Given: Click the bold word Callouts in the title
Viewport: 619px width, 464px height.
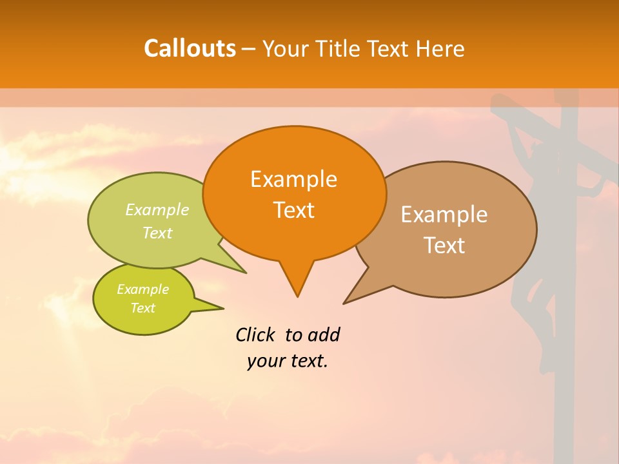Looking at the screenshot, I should pyautogui.click(x=190, y=48).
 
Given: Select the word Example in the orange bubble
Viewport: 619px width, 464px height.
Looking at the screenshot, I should pyautogui.click(x=293, y=179).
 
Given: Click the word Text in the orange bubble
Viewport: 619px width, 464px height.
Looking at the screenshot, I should pyautogui.click(x=293, y=210).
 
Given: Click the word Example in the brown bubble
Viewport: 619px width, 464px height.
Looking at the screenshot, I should pyautogui.click(x=444, y=215).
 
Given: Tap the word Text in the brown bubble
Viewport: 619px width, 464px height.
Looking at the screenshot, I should pyautogui.click(x=444, y=246).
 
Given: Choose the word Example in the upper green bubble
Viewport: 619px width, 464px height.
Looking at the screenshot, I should pyautogui.click(x=157, y=209).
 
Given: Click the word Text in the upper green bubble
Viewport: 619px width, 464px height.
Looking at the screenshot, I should pyautogui.click(x=157, y=233).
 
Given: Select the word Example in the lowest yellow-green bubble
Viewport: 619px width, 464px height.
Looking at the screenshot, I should pyautogui.click(x=142, y=289).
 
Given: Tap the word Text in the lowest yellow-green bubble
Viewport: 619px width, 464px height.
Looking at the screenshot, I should pyautogui.click(x=142, y=308).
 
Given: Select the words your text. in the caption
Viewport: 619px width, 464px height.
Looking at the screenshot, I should pyautogui.click(x=288, y=361).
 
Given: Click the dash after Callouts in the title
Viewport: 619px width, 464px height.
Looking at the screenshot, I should pyautogui.click(x=249, y=49).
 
